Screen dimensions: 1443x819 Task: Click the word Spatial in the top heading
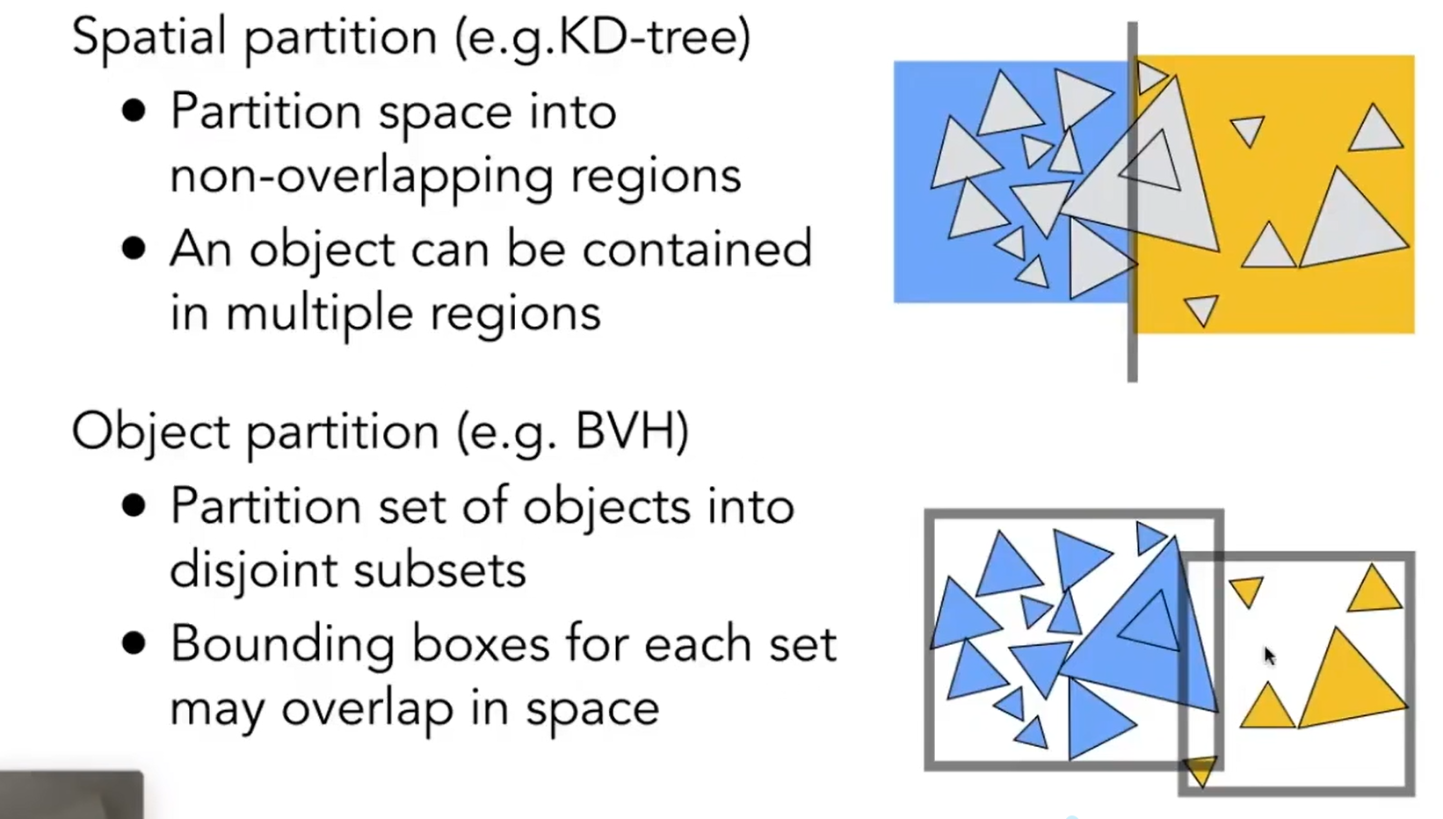coord(149,38)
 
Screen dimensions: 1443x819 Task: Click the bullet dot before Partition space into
coord(134,111)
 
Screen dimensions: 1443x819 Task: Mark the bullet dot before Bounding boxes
coord(134,644)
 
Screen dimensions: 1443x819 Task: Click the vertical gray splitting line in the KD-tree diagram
coord(1132,352)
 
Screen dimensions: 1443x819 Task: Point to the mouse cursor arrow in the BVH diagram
coord(1269,656)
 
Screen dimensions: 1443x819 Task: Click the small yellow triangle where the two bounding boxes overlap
coord(1200,770)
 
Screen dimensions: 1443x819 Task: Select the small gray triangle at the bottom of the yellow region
coord(1201,308)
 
